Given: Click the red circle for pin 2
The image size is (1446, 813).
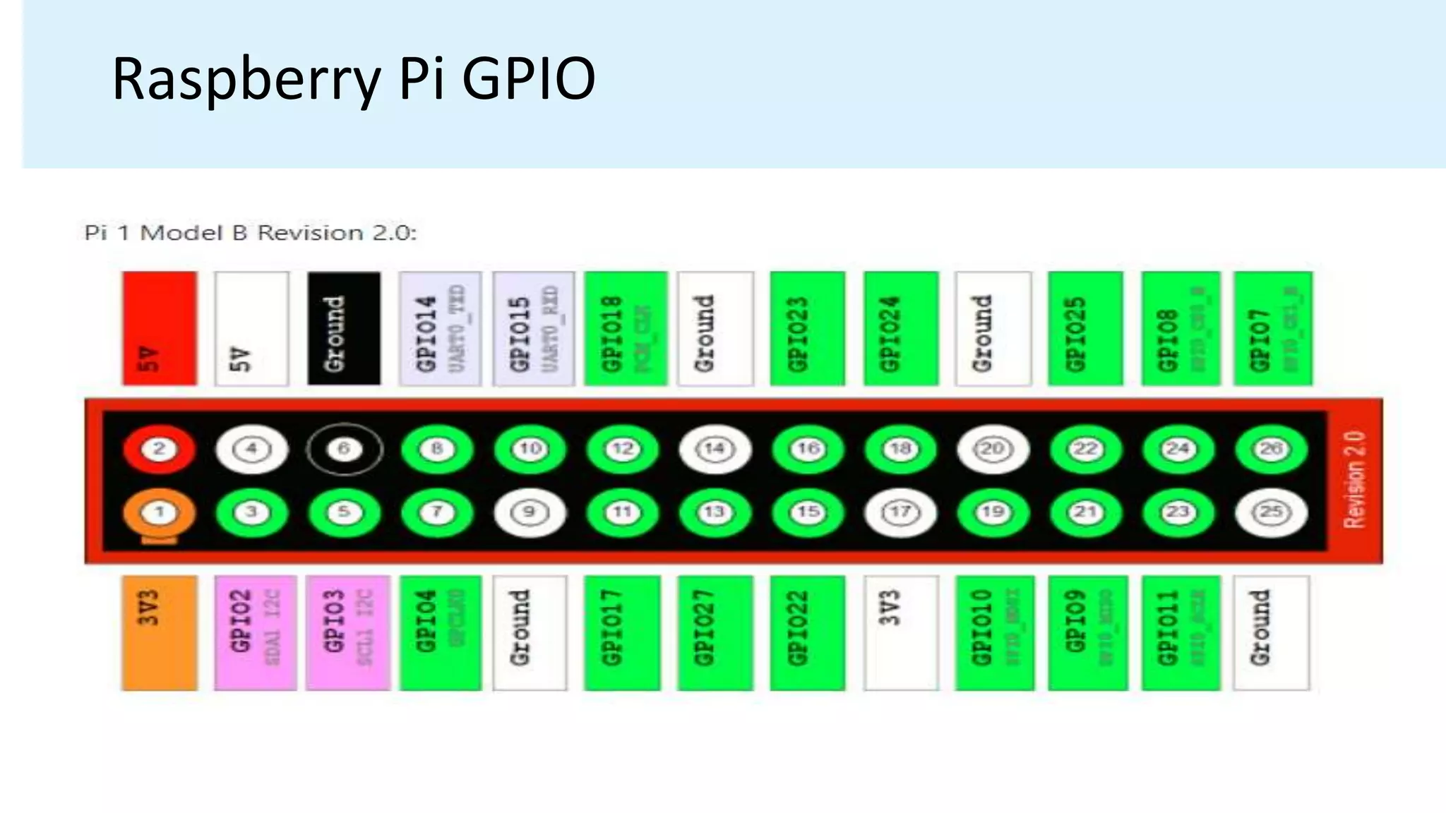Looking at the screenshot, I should (x=159, y=449).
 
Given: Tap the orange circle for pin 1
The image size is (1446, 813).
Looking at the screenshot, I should (x=159, y=512).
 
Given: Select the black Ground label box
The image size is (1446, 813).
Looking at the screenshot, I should (x=344, y=329).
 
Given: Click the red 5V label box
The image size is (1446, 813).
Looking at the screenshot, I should (x=159, y=329).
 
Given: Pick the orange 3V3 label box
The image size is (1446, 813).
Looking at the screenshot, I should (x=159, y=632).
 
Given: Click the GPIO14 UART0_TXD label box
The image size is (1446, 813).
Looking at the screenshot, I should (x=440, y=329).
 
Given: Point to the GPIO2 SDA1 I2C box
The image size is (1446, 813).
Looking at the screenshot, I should (x=255, y=632).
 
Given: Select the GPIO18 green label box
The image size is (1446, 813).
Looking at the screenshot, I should (x=626, y=329).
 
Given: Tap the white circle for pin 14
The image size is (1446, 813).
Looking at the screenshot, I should (x=715, y=449).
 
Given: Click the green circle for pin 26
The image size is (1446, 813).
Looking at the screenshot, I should (x=1271, y=449).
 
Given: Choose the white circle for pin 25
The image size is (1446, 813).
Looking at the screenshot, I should (x=1271, y=512).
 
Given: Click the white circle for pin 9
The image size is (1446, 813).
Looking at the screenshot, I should (x=530, y=512).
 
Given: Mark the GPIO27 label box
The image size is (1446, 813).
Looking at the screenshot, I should (x=715, y=632).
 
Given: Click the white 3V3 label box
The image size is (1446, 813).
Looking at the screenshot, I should (x=901, y=632).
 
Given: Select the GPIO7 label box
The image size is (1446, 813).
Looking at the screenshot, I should (x=1272, y=329).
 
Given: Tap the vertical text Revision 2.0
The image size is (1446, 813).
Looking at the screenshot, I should (x=1355, y=480).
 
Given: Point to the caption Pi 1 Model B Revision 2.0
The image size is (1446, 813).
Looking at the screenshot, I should (x=251, y=233).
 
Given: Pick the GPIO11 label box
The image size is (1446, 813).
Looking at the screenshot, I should (x=1180, y=632).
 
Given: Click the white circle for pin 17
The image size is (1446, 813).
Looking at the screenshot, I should (x=900, y=512).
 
